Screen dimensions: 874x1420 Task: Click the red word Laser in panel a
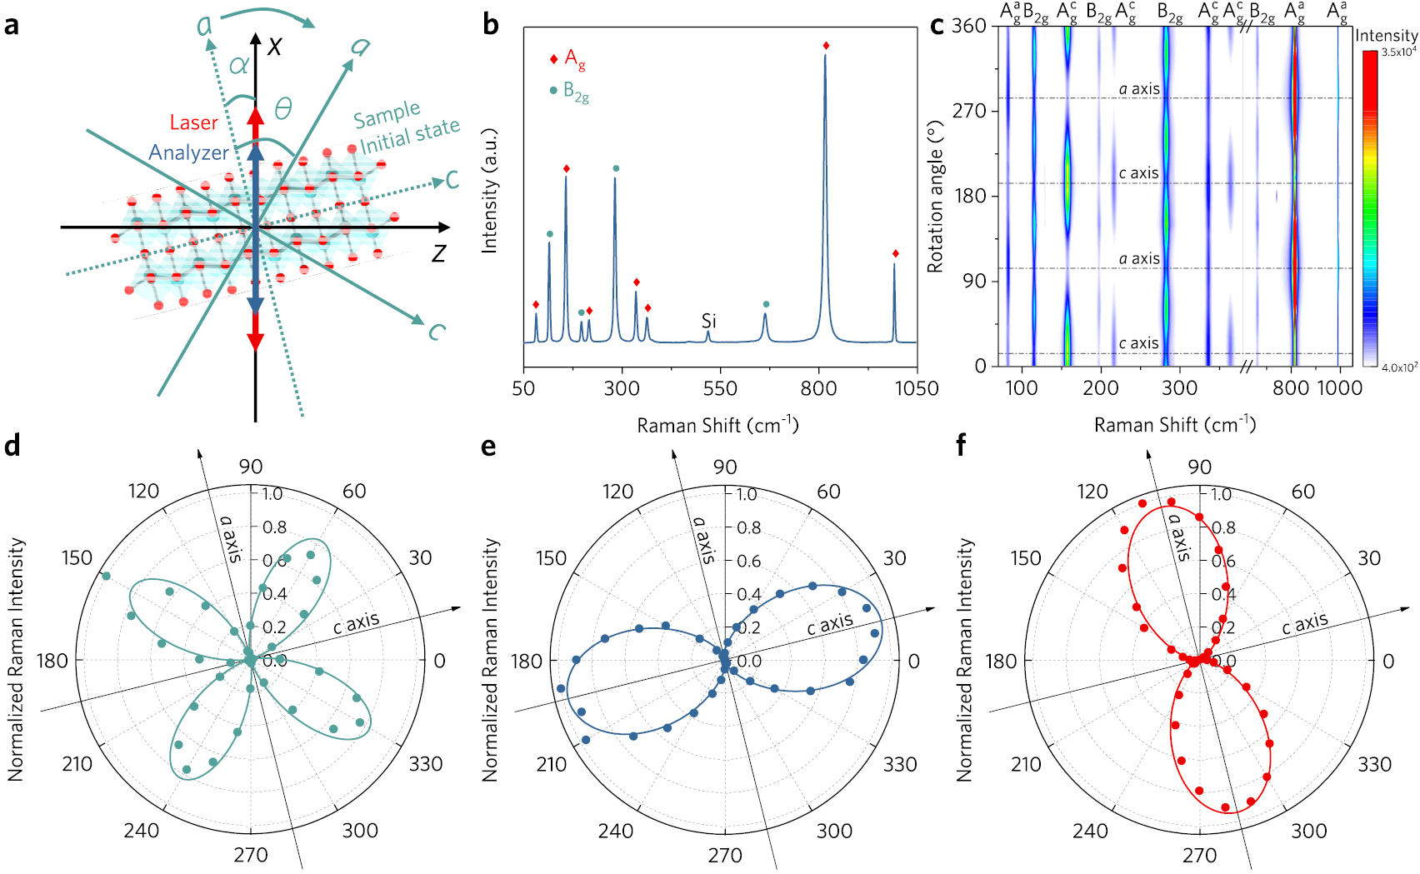(193, 122)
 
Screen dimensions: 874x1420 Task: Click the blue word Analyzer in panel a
(188, 152)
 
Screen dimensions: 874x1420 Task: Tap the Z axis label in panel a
(438, 253)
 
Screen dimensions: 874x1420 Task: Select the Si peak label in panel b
(708, 321)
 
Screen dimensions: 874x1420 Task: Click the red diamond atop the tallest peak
(826, 46)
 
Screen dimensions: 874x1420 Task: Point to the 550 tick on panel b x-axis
(720, 388)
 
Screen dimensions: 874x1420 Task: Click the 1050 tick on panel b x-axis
(916, 388)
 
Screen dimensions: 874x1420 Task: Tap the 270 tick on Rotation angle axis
(969, 111)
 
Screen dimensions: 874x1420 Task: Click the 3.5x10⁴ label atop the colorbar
(1398, 52)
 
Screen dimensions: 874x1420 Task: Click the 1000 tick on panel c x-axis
(1339, 388)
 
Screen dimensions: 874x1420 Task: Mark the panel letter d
(12, 447)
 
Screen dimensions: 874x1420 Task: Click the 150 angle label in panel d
(77, 558)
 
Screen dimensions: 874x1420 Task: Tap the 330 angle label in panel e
(899, 764)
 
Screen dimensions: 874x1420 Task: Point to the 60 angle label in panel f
(1302, 492)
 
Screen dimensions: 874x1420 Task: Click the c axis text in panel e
(829, 623)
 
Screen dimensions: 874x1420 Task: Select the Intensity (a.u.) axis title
(489, 191)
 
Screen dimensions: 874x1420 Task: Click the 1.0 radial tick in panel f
(1222, 495)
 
